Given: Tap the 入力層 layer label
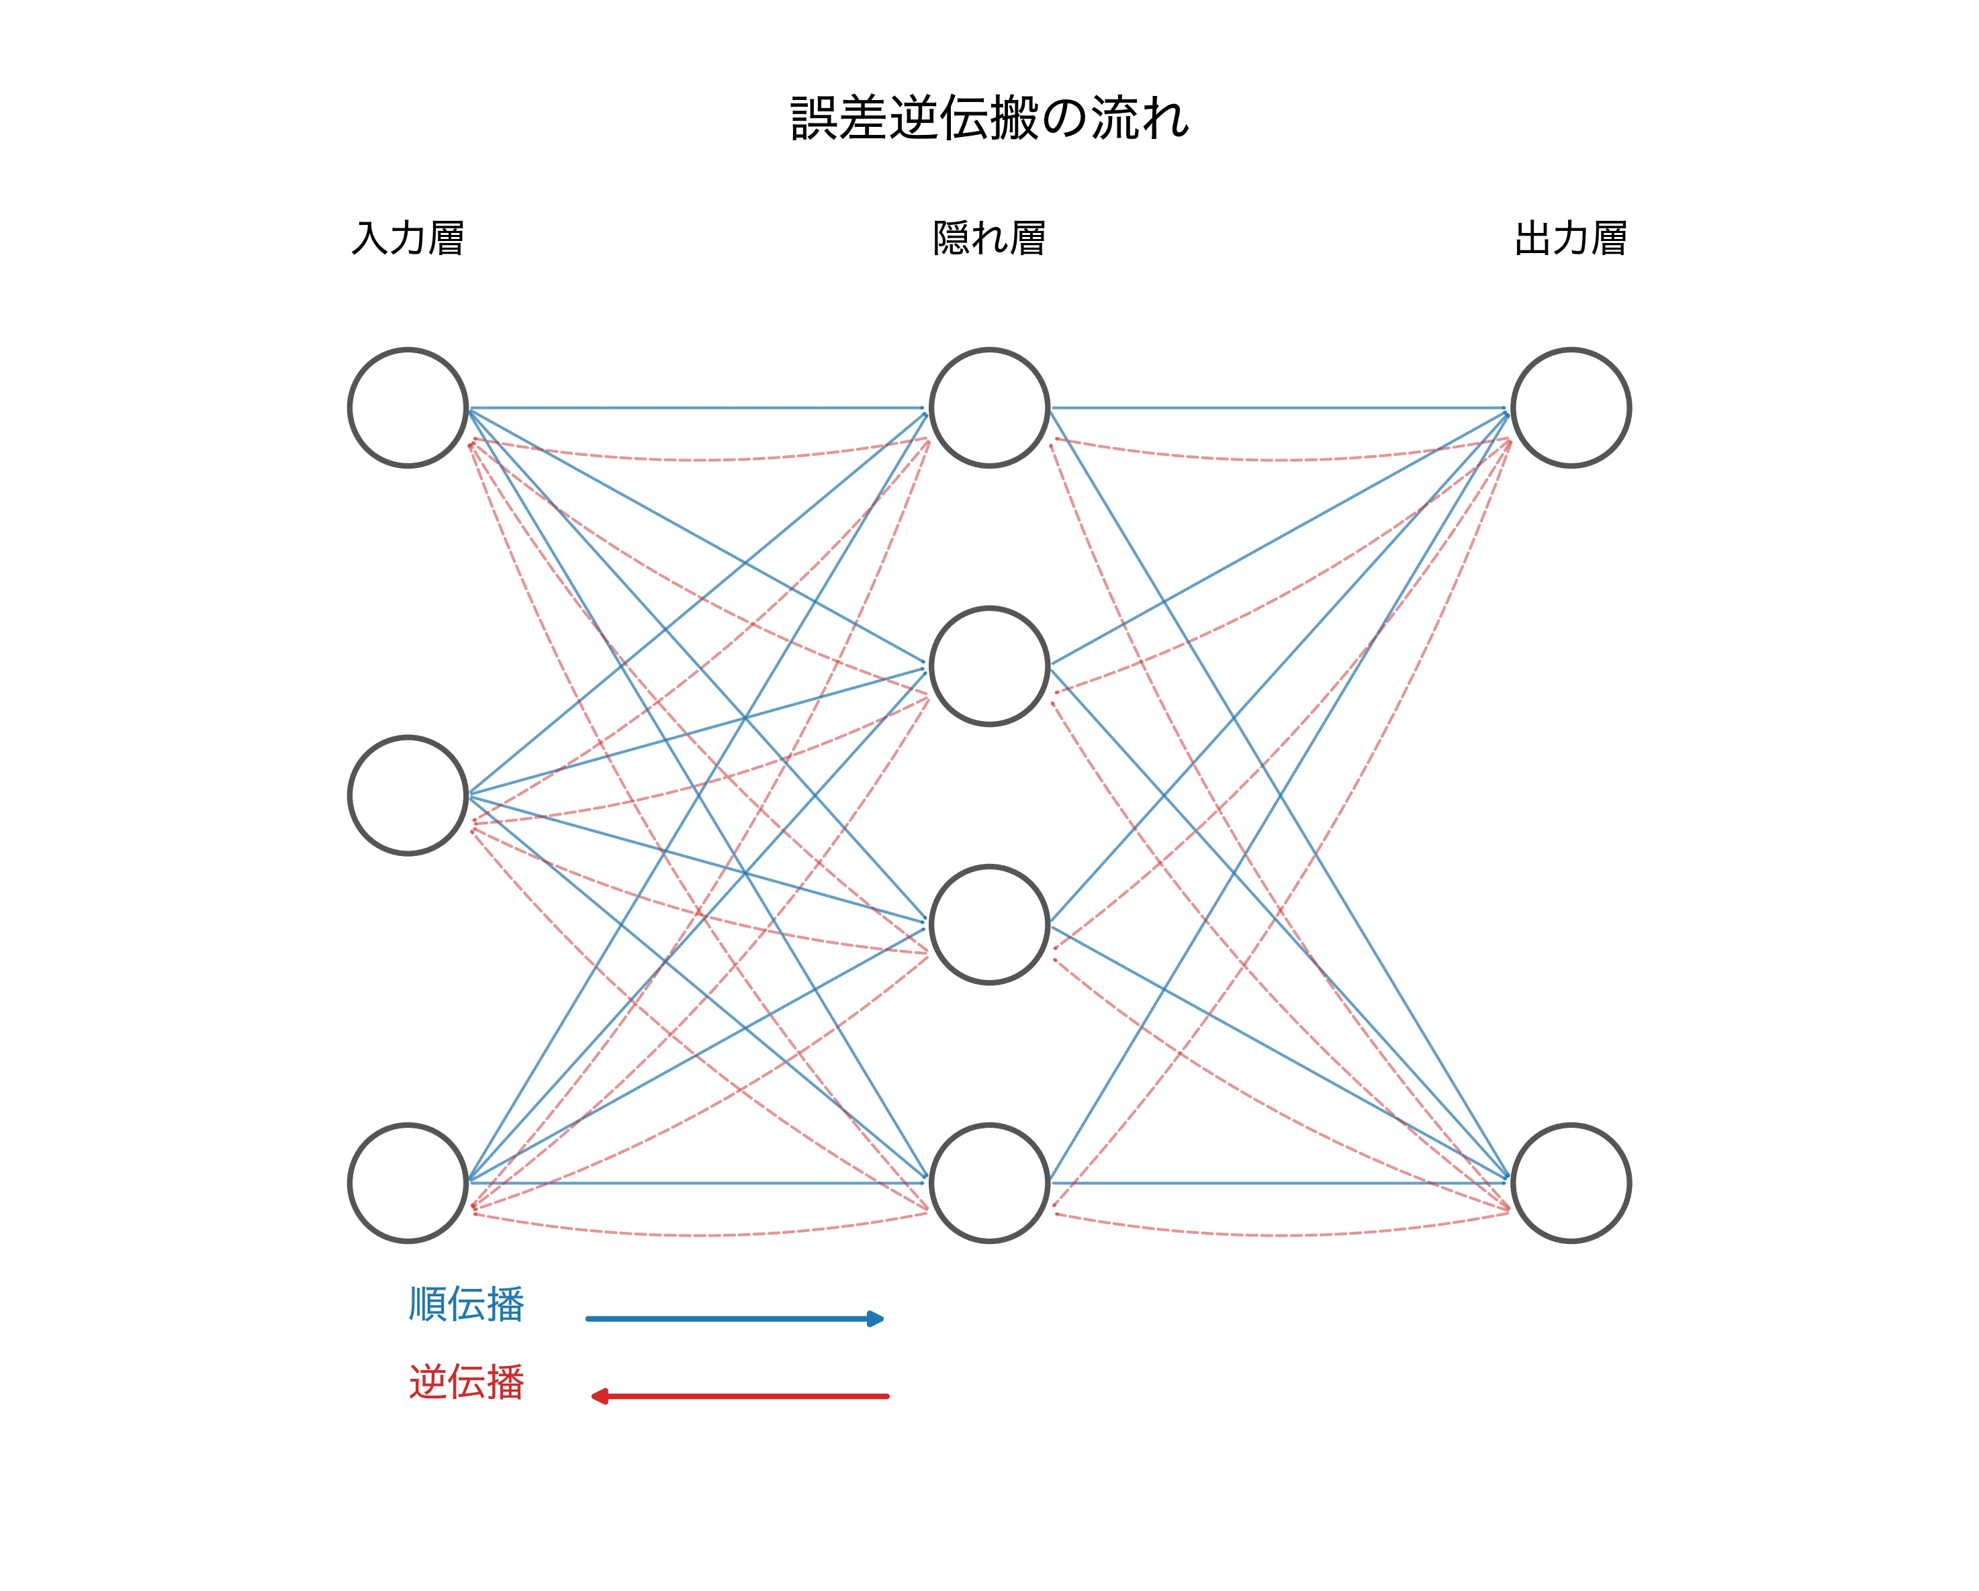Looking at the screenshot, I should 408,238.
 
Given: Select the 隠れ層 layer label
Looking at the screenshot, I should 990,238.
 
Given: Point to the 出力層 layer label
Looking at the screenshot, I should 1571,238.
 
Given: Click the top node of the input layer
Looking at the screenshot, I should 408,407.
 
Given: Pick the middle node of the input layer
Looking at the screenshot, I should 408,795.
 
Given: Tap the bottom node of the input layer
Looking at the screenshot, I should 408,1183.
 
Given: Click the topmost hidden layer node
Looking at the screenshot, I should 990,407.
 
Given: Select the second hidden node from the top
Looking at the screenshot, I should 990,666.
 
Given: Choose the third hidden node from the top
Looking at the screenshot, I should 990,924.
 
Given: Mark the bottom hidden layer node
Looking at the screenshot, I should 990,1183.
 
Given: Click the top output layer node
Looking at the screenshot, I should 1571,407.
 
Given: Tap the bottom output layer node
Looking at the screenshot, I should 1571,1183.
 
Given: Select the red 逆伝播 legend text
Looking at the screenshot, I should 466,1382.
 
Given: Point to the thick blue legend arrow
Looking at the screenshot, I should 725,1318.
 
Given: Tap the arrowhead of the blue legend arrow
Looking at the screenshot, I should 876,1318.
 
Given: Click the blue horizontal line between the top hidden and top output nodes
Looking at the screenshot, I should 1281,407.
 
